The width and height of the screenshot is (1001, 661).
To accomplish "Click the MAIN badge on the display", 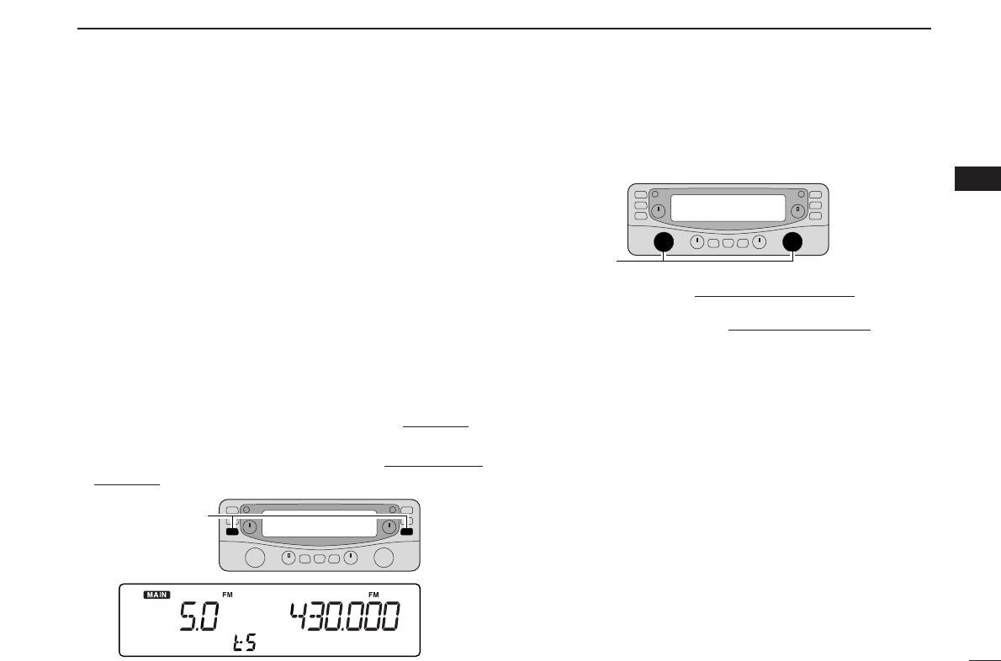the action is click(x=156, y=595).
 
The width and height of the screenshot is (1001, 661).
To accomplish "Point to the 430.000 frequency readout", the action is click(x=346, y=616).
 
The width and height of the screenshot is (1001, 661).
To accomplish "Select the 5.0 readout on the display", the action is click(x=199, y=616).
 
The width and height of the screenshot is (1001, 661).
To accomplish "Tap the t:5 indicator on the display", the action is click(x=245, y=642).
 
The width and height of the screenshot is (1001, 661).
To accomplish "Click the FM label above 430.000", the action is click(x=373, y=595).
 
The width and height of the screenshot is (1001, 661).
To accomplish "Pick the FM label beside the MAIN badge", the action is click(x=227, y=595).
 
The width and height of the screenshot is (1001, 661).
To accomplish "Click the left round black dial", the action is click(x=664, y=242).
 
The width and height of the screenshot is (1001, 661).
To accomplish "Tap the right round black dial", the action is click(x=792, y=242).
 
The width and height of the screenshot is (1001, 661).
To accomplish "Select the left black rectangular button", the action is click(x=232, y=531).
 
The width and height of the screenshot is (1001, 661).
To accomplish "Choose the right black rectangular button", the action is click(x=406, y=531).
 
